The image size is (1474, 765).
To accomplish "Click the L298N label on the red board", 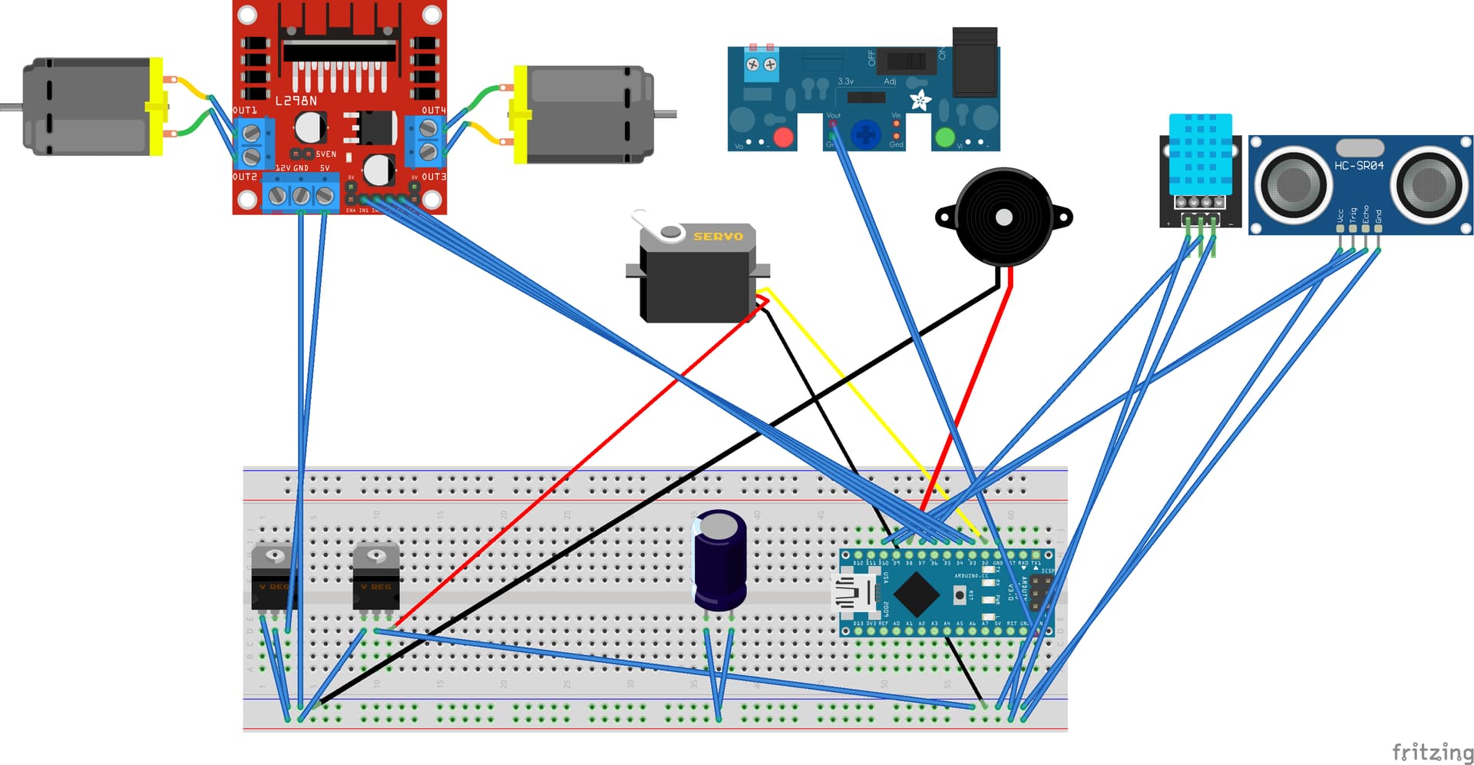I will [x=296, y=101].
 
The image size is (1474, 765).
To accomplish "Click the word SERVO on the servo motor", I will [x=718, y=237].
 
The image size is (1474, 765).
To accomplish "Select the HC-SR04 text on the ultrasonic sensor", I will [x=1359, y=165].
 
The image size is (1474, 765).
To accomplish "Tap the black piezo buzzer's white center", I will [x=1003, y=217].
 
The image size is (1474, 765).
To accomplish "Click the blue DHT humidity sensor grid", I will [x=1200, y=155].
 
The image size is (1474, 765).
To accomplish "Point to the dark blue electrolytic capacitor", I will [x=720, y=561].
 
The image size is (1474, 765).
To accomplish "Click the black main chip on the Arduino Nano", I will [x=916, y=594].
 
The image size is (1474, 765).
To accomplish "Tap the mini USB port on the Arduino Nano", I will [x=854, y=594].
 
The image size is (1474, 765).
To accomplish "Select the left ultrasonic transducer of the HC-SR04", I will [x=1294, y=184].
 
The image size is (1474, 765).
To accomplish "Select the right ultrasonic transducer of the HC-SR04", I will [x=1429, y=184].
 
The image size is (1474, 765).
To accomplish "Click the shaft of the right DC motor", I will [x=666, y=114].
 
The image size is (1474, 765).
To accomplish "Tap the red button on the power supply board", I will [x=783, y=137].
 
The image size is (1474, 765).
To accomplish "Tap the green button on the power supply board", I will [x=944, y=137].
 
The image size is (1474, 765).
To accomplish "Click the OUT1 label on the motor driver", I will [x=245, y=111].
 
